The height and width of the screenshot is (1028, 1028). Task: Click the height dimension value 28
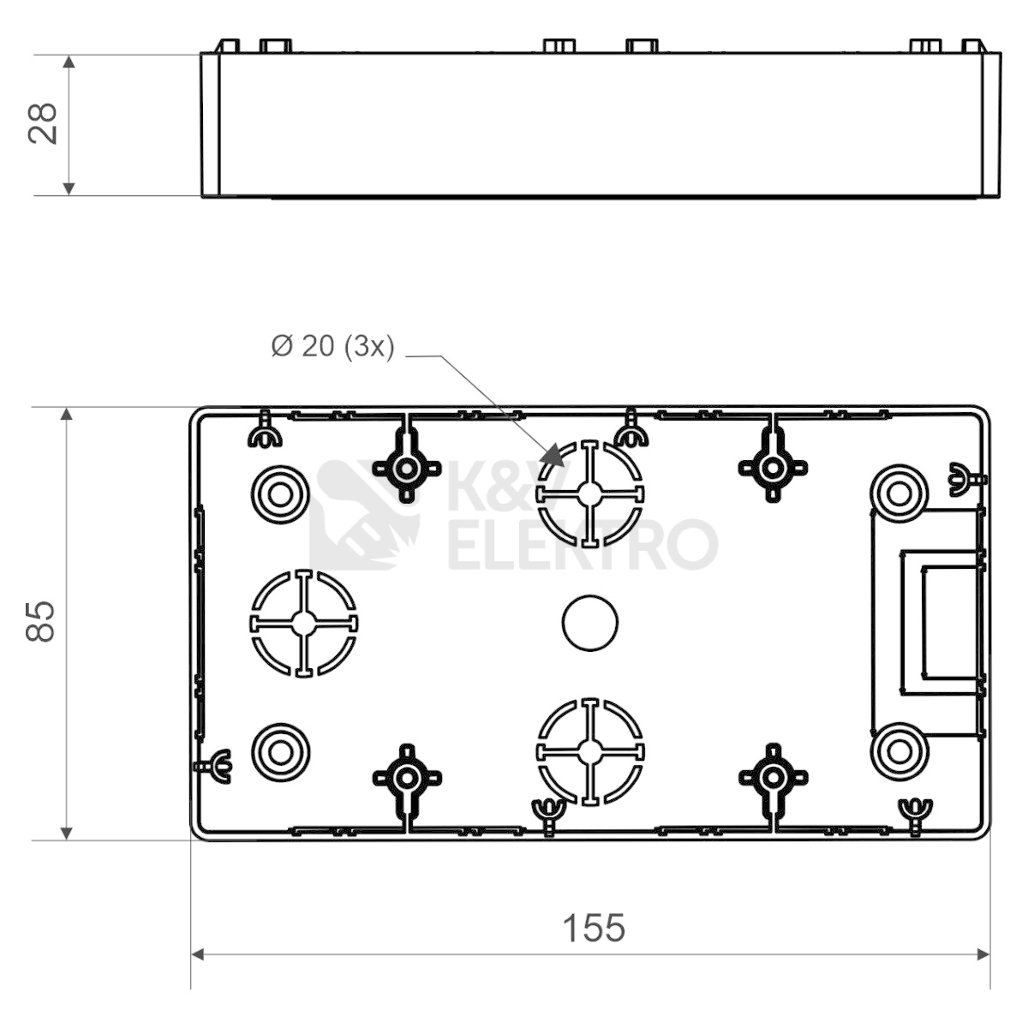[42, 123]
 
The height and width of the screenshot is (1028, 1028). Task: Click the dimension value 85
[40, 622]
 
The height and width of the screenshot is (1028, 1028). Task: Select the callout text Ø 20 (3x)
[333, 346]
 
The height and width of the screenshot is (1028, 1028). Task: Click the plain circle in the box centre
[590, 623]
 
